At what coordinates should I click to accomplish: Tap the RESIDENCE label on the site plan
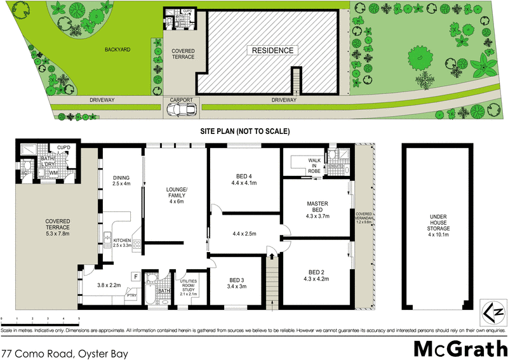272,51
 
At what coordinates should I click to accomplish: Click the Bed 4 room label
243,180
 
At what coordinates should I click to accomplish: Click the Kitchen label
121,242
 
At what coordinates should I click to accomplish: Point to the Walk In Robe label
315,165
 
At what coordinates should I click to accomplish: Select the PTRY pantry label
131,295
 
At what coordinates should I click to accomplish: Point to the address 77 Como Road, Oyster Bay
65,351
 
